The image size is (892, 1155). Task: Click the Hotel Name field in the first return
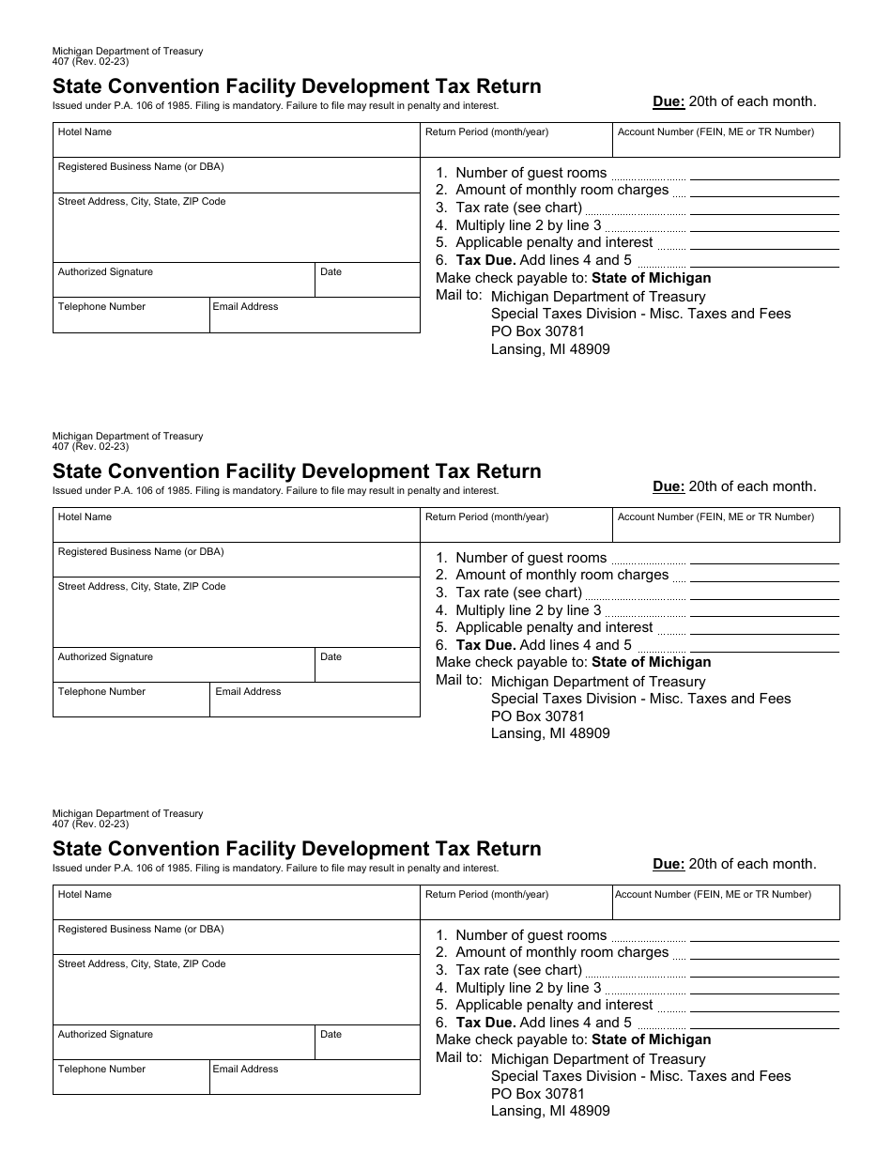coord(236,140)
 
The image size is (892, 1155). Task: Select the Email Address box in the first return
coord(315,316)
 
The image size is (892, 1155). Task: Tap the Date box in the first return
coord(367,280)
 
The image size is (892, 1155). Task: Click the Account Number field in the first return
coord(726,140)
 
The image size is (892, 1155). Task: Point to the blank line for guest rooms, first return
coord(764,174)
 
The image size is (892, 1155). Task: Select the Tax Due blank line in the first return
coord(764,260)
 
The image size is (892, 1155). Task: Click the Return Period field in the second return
coord(516,525)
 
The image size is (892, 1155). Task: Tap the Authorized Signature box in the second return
coord(183,665)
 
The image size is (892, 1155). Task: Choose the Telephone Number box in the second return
coord(131,700)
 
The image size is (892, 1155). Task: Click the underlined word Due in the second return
coord(669,486)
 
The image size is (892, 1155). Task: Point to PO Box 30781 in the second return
coord(537,716)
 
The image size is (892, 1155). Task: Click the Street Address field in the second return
coord(236,612)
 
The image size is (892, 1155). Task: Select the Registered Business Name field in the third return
coord(236,937)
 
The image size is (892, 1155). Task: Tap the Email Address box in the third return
coord(315,1077)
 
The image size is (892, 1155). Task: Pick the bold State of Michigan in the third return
coord(651,1039)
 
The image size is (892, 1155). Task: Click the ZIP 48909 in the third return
coord(590,1111)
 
